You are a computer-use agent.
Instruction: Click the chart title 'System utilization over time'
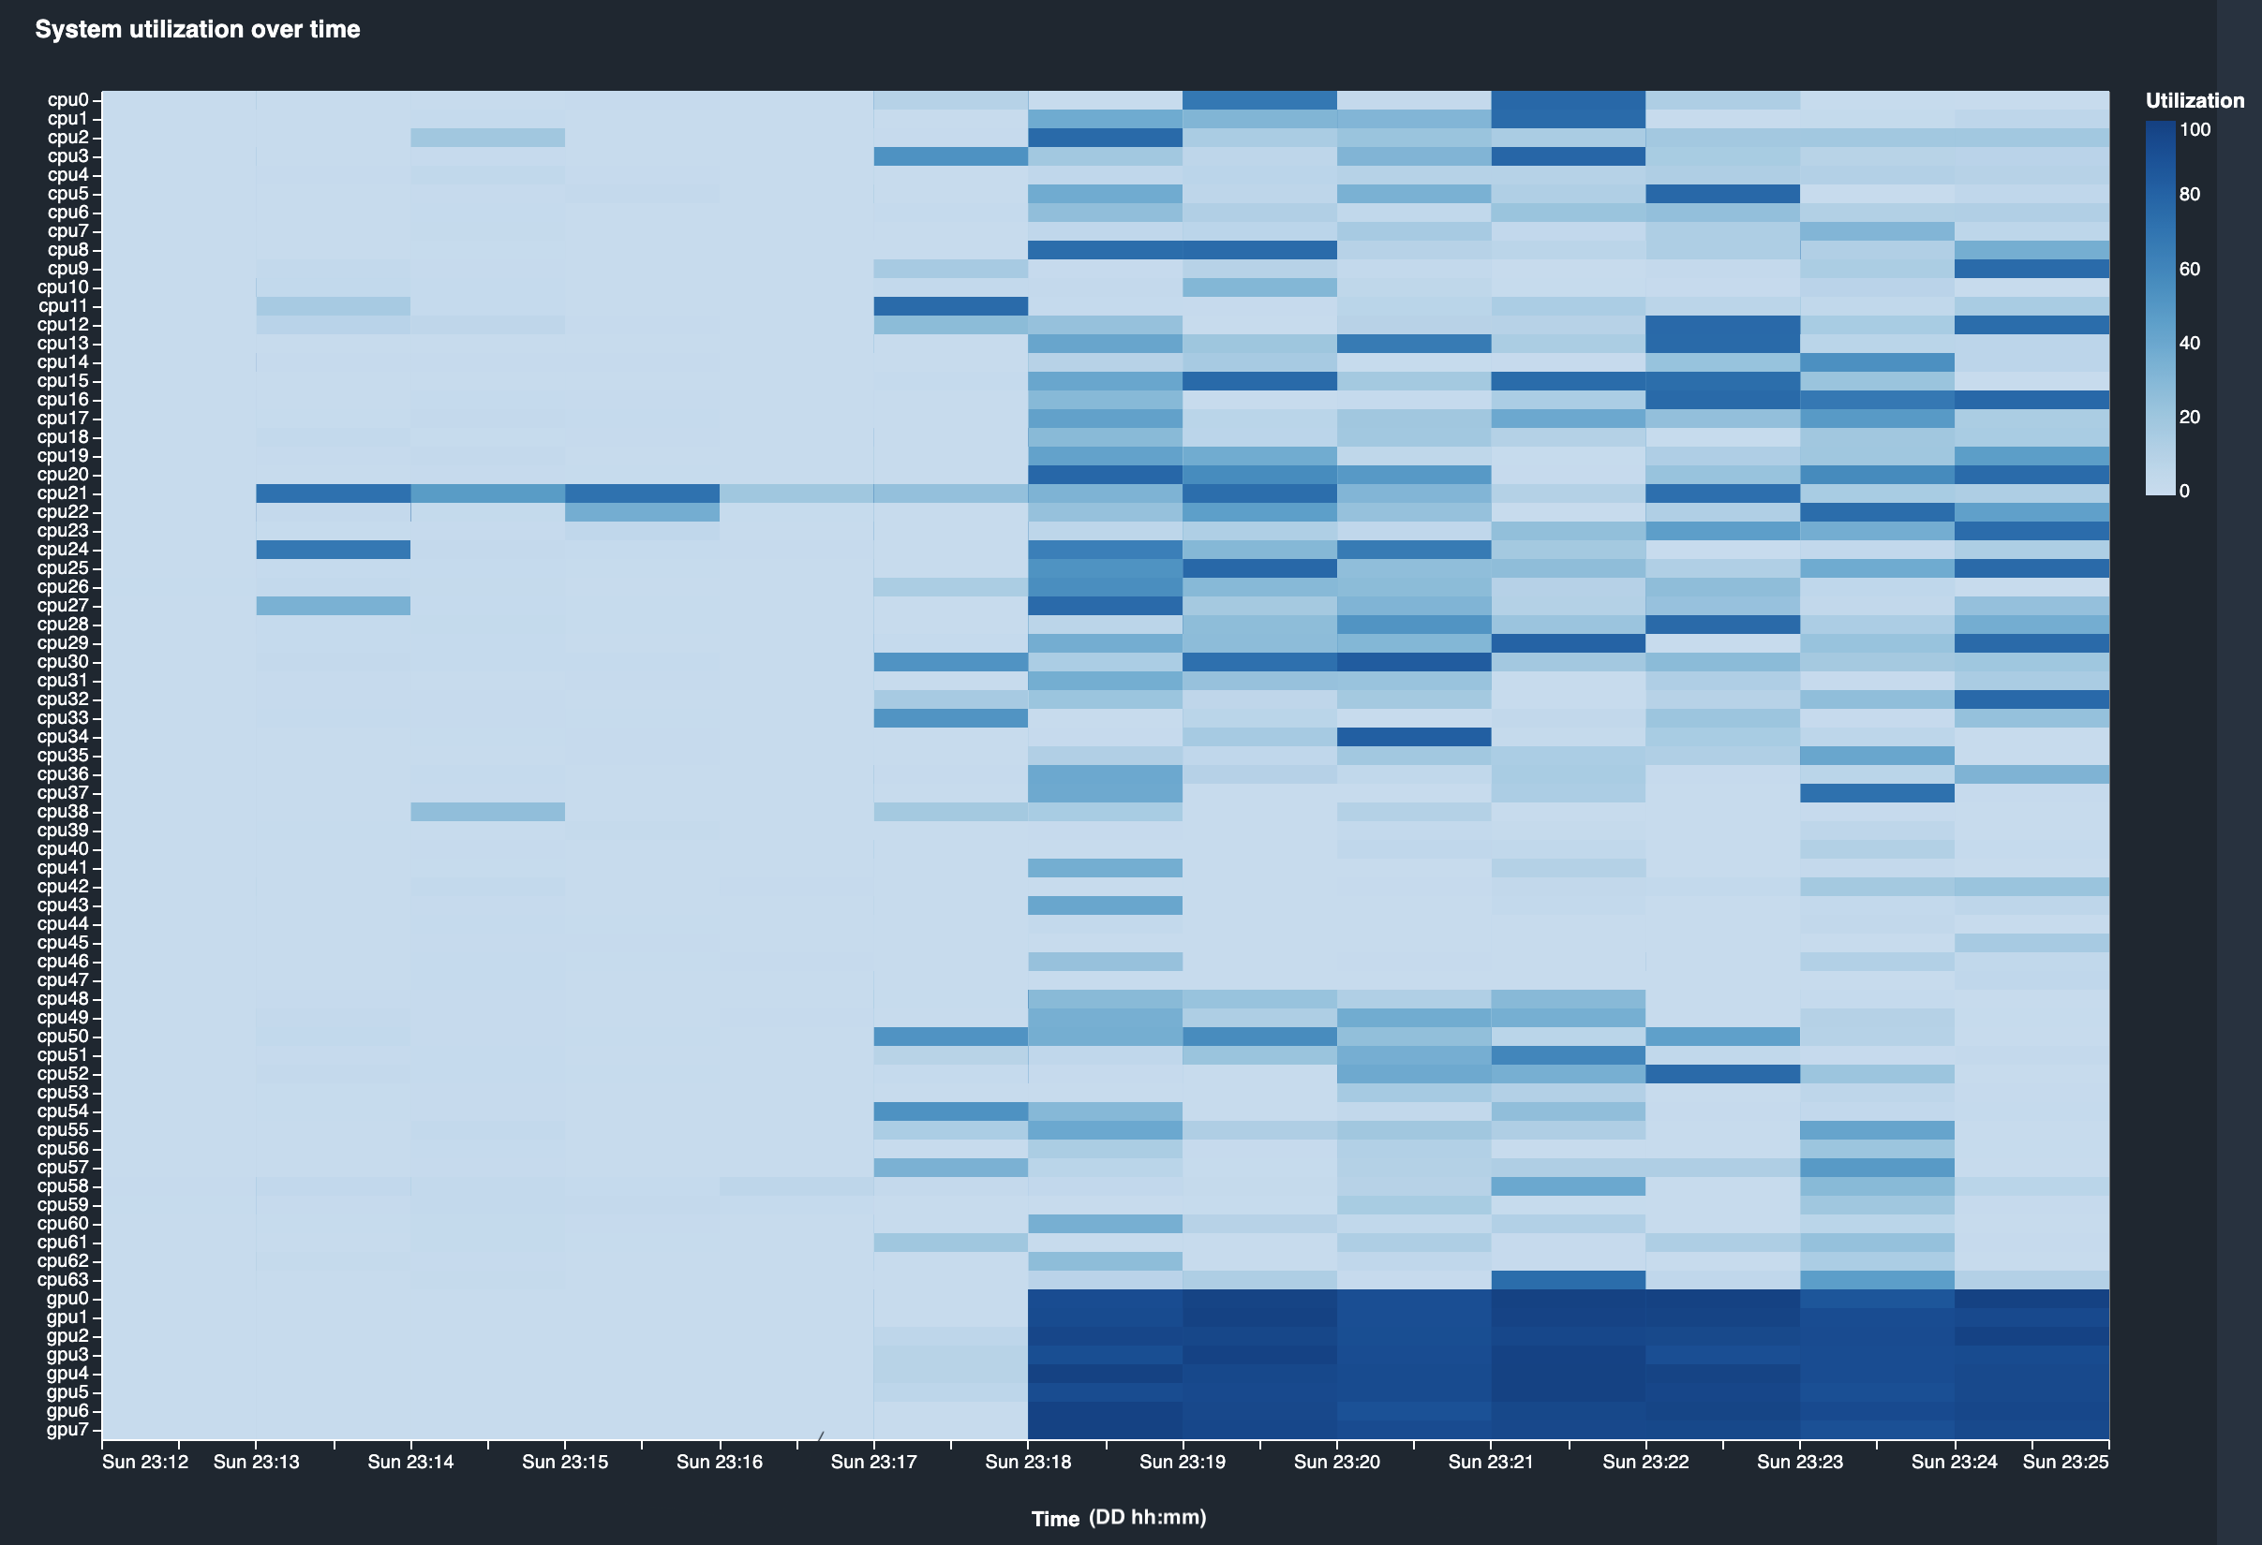pyautogui.click(x=198, y=29)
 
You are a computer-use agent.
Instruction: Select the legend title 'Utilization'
pyautogui.click(x=2194, y=100)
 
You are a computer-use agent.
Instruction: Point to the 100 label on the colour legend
pyautogui.click(x=2195, y=129)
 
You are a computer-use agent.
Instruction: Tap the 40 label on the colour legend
pyautogui.click(x=2189, y=343)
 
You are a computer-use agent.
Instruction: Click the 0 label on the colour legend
pyautogui.click(x=2184, y=492)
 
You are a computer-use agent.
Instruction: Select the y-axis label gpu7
pyautogui.click(x=67, y=1429)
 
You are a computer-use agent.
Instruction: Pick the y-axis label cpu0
pyautogui.click(x=67, y=99)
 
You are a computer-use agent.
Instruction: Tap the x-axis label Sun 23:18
pyautogui.click(x=1028, y=1462)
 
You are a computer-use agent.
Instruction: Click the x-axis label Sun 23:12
pyautogui.click(x=145, y=1462)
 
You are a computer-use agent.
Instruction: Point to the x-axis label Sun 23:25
pyautogui.click(x=2064, y=1462)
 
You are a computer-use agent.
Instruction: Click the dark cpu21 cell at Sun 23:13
pyautogui.click(x=333, y=493)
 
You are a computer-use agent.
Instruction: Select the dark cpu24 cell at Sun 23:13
pyautogui.click(x=333, y=550)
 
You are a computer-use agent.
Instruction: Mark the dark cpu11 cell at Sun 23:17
pyautogui.click(x=950, y=305)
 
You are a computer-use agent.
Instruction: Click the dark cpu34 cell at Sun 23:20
pyautogui.click(x=1413, y=737)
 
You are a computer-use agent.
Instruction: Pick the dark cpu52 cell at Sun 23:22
pyautogui.click(x=1722, y=1073)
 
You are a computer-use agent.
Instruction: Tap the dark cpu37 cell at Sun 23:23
pyautogui.click(x=1877, y=793)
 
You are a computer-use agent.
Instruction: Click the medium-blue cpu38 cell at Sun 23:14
pyautogui.click(x=487, y=812)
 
